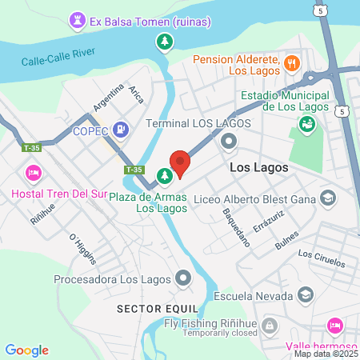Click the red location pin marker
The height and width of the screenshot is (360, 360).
pyautogui.click(x=180, y=162)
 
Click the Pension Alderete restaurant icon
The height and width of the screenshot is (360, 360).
pyautogui.click(x=292, y=62)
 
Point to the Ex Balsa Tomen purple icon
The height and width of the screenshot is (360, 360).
pyautogui.click(x=77, y=18)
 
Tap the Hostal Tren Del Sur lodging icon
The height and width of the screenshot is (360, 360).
pyautogui.click(x=33, y=172)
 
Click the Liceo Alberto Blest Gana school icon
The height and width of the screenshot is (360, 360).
pyautogui.click(x=327, y=198)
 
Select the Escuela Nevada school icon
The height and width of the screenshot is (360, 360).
pyautogui.click(x=305, y=295)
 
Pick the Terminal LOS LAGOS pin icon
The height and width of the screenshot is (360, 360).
pyautogui.click(x=229, y=142)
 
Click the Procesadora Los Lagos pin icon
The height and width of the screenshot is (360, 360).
pyautogui.click(x=184, y=279)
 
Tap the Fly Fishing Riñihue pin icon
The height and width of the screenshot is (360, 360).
pyautogui.click(x=270, y=325)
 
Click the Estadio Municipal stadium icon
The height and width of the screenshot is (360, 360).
pyautogui.click(x=306, y=124)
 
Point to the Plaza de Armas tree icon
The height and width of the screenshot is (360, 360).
pyautogui.click(x=164, y=174)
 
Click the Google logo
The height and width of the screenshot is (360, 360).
pyautogui.click(x=27, y=350)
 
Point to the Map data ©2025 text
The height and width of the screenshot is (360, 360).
pyautogui.click(x=326, y=354)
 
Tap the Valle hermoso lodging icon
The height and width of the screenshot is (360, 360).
pyautogui.click(x=335, y=326)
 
